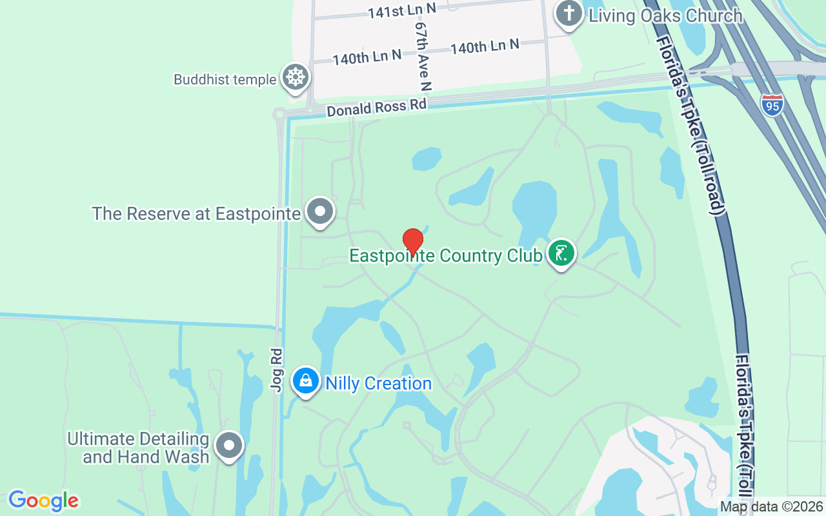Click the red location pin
[x=413, y=241]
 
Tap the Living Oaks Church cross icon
[x=569, y=14]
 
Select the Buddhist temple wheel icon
[x=296, y=77]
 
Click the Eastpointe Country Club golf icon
[x=561, y=253]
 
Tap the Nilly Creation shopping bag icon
[x=306, y=381]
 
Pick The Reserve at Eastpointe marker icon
[x=319, y=211]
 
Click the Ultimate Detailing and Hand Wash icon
[x=228, y=445]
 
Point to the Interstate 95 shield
[x=772, y=104]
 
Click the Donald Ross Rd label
[x=377, y=107]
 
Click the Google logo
[x=43, y=501]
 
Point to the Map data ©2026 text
[x=772, y=507]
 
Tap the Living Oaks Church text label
[x=665, y=15]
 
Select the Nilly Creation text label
[x=378, y=384]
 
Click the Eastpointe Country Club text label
[x=445, y=256]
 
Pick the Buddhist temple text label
[x=225, y=80]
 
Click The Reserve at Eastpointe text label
[x=196, y=213]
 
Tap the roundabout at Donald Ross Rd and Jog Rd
[x=279, y=115]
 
